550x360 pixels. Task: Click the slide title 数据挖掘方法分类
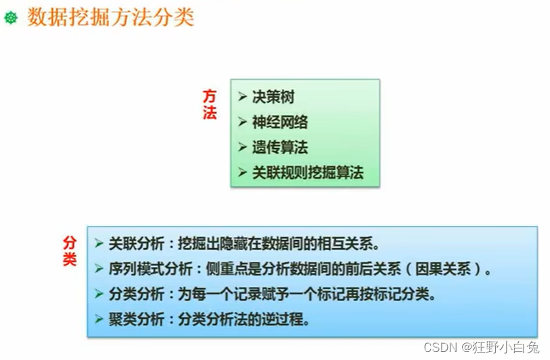[x=110, y=17]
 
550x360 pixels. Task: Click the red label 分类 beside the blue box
[x=70, y=251]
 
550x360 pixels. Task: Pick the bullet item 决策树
[x=273, y=97]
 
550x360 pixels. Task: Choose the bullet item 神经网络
[x=280, y=122]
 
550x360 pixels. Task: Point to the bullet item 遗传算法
[x=280, y=147]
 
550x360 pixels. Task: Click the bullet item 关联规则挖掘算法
[x=308, y=173]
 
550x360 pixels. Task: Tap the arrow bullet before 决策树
[x=242, y=97]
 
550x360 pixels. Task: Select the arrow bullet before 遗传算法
[x=242, y=147]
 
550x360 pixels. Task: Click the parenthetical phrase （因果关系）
[x=446, y=269]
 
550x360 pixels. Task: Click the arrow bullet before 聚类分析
[x=99, y=319]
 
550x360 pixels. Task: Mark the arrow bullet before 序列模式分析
[x=99, y=269]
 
